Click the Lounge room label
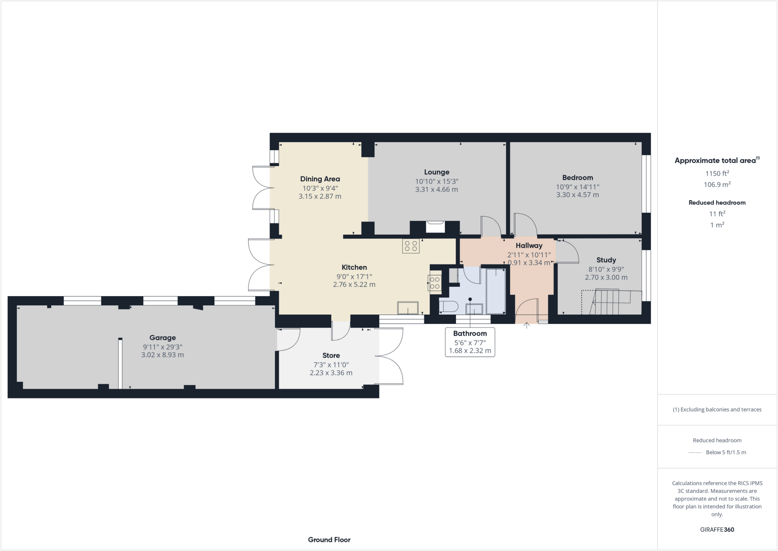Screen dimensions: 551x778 [436, 172]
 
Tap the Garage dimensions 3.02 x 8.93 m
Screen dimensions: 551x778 [162, 355]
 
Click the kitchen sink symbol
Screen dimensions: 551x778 [408, 308]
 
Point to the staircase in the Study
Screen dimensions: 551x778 [612, 302]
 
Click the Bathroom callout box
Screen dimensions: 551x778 [470, 342]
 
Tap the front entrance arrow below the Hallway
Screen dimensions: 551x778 [527, 326]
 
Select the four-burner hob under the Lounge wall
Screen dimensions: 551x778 [411, 246]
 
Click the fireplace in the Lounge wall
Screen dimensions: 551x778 [435, 227]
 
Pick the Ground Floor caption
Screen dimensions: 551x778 [329, 540]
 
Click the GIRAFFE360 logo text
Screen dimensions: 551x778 [717, 530]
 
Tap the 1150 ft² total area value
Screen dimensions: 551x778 [717, 173]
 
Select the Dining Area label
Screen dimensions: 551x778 [320, 179]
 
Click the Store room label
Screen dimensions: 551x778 [331, 356]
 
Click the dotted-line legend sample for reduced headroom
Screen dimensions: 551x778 [695, 453]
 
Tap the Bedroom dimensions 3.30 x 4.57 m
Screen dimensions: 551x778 [577, 195]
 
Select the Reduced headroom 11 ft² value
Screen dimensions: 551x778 [717, 214]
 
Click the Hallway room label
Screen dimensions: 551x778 [529, 246]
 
